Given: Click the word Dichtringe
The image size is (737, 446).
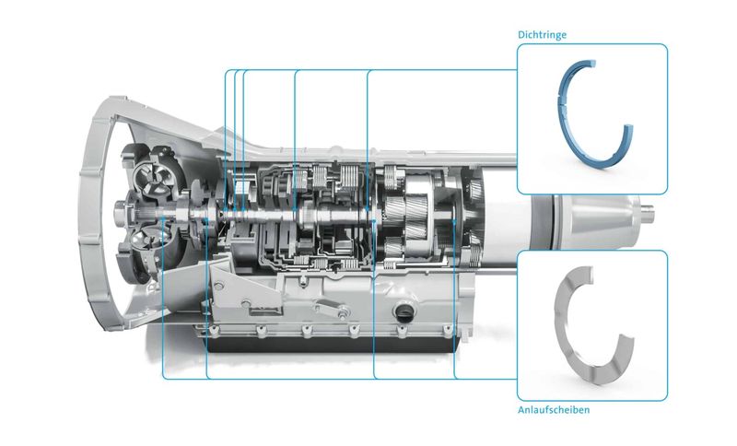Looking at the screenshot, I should pos(542,35).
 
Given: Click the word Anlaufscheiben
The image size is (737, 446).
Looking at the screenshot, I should pos(554,409).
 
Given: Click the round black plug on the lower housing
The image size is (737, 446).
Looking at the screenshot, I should pos(402,313).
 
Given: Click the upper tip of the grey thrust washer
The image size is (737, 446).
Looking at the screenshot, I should pos(590,270).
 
